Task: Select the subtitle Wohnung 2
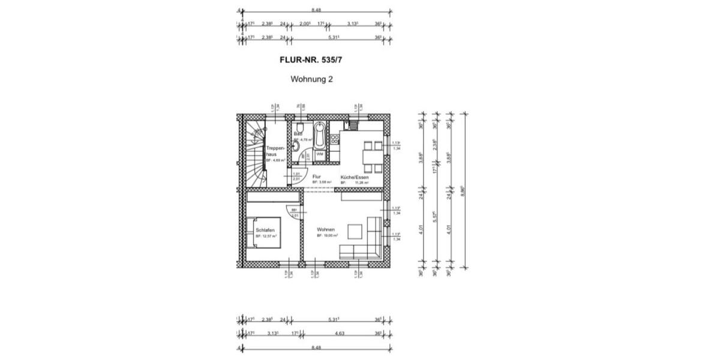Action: (x=311, y=79)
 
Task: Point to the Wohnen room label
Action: (x=326, y=229)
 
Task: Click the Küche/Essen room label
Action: (x=354, y=178)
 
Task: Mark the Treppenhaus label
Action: (x=274, y=150)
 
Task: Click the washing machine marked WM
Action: (x=320, y=154)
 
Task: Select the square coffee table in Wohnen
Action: (x=355, y=232)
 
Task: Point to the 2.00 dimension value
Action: (x=304, y=24)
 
